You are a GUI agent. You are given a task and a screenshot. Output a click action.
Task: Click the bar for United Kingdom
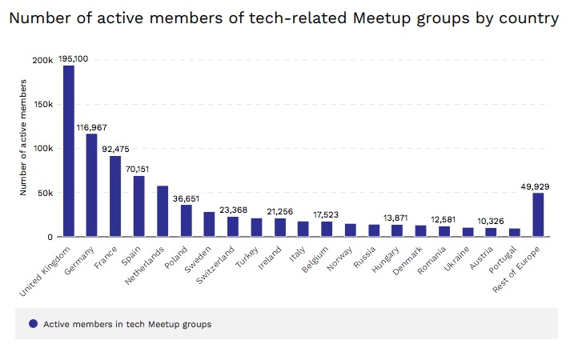click(69, 151)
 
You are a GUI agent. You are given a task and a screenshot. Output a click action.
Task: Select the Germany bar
click(92, 186)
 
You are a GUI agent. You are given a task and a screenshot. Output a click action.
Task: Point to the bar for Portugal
click(515, 233)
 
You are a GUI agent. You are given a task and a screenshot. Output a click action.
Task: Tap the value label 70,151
click(139, 168)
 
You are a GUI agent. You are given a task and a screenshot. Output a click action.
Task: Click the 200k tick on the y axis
click(42, 60)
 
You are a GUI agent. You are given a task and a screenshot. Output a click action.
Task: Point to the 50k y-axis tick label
click(45, 193)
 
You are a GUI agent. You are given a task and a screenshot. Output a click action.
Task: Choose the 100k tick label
click(42, 149)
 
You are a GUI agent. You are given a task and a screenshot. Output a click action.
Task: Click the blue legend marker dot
click(33, 324)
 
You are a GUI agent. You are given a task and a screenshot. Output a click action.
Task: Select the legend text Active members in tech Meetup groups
click(127, 324)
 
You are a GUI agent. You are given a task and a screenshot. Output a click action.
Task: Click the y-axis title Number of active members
click(24, 138)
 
